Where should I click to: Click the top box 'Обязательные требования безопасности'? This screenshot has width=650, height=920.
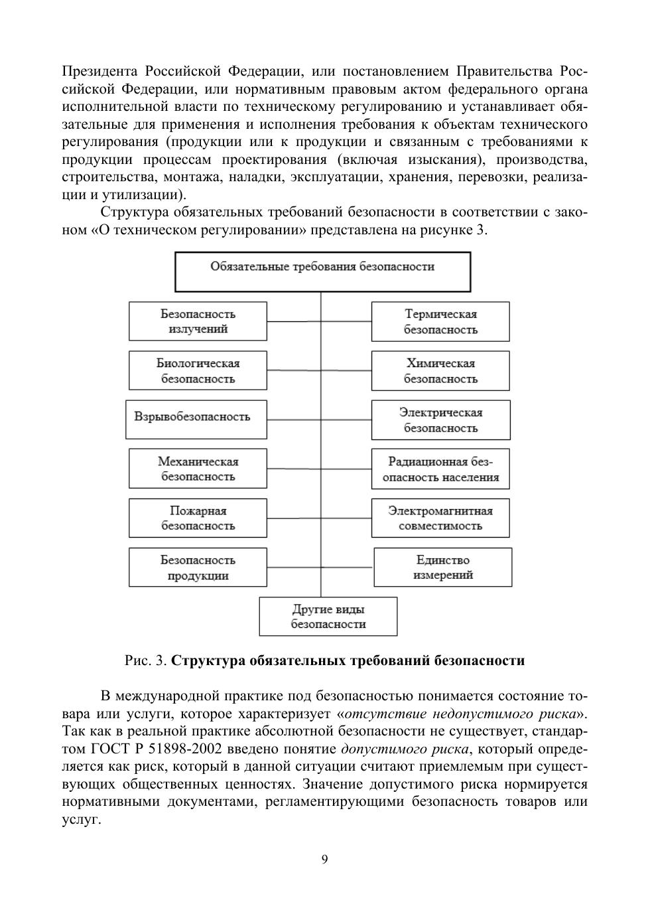pyautogui.click(x=322, y=271)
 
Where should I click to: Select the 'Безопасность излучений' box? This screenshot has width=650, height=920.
pyautogui.click(x=198, y=321)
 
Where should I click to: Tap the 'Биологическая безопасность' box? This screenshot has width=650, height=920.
pyautogui.click(x=198, y=370)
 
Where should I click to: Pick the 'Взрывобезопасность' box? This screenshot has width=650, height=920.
pyautogui.click(x=196, y=419)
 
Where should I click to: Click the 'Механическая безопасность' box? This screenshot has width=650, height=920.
pyautogui.click(x=198, y=469)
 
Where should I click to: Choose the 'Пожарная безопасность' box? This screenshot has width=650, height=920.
pyautogui.click(x=198, y=518)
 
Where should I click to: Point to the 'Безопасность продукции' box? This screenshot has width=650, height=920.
pyautogui.click(x=198, y=567)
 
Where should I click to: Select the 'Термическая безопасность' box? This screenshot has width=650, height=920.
pyautogui.click(x=440, y=321)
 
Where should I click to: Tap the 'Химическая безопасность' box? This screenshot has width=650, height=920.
pyautogui.click(x=440, y=370)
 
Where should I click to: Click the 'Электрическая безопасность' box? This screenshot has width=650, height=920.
pyautogui.click(x=440, y=420)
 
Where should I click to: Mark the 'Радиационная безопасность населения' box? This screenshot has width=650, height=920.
pyautogui.click(x=440, y=469)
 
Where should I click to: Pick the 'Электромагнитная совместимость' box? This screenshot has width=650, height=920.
pyautogui.click(x=440, y=518)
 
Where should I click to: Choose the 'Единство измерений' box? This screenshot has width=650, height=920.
pyautogui.click(x=443, y=567)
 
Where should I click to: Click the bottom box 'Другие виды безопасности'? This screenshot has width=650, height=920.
pyautogui.click(x=328, y=616)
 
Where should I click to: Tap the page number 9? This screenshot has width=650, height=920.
pyautogui.click(x=324, y=860)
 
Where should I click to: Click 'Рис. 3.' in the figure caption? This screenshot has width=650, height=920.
pyautogui.click(x=145, y=660)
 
